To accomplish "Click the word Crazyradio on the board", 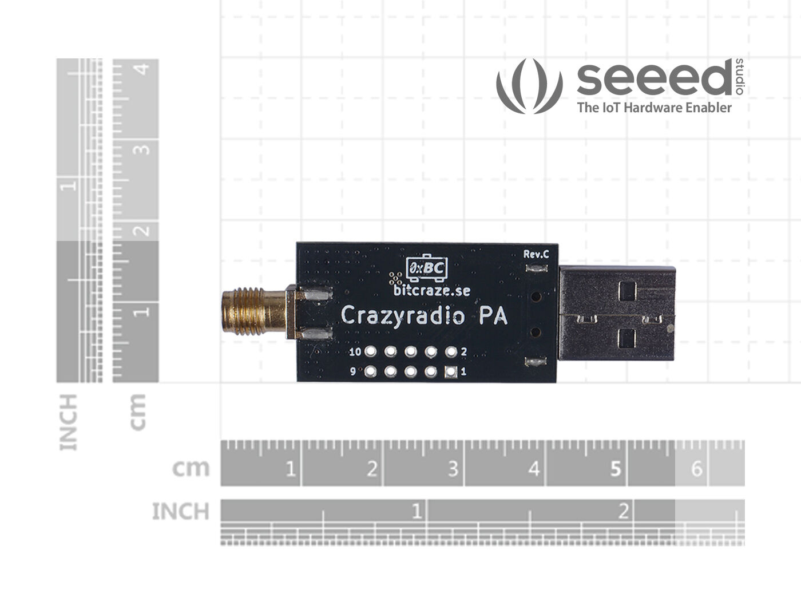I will pyautogui.click(x=401, y=315).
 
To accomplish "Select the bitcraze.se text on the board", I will pyautogui.click(x=432, y=291).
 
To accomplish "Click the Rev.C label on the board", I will pyautogui.click(x=536, y=254).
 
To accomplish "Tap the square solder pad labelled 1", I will pyautogui.click(x=451, y=372).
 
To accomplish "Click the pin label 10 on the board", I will pyautogui.click(x=355, y=351).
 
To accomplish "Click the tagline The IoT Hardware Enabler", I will pyautogui.click(x=654, y=108).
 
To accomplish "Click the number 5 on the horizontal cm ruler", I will pyautogui.click(x=615, y=469).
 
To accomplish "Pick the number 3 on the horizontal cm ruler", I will pyautogui.click(x=453, y=469).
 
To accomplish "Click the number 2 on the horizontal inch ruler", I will pyautogui.click(x=623, y=511).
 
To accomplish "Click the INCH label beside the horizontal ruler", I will pyautogui.click(x=180, y=511).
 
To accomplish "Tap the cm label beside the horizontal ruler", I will pyautogui.click(x=191, y=468).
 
